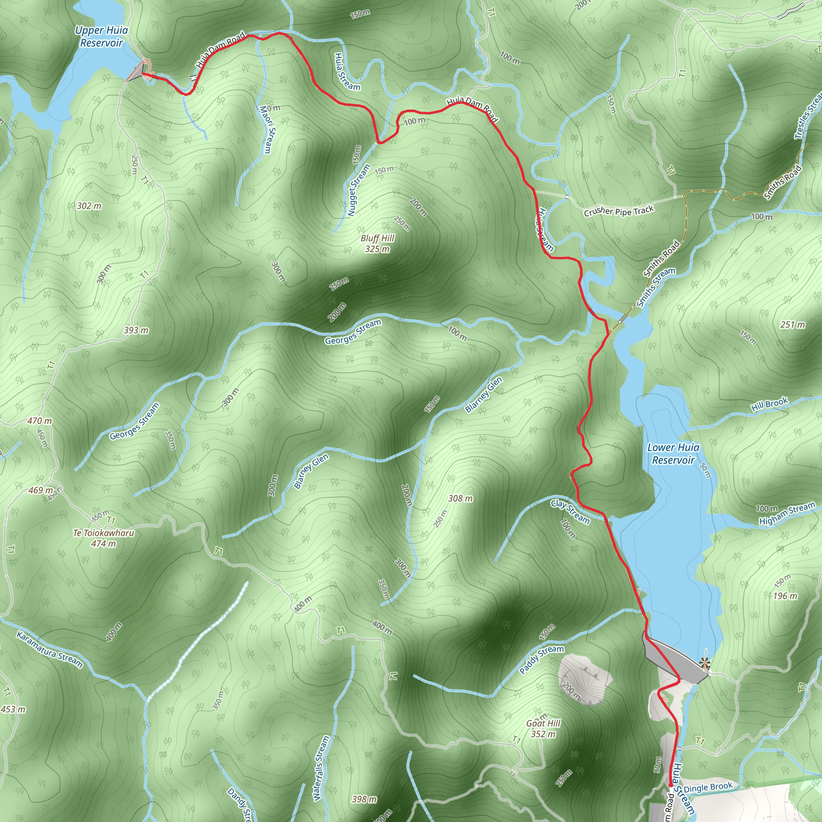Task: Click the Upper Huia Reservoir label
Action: point(101,37)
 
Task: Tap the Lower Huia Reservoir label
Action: point(673,454)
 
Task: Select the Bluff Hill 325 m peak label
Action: point(377,243)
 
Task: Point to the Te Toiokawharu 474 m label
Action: point(104,538)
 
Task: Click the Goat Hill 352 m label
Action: point(543,728)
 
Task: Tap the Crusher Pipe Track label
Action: point(619,211)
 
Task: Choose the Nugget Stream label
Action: point(358,190)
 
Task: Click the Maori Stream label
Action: point(266,129)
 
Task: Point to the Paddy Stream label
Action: point(541,659)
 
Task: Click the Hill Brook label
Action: point(769,404)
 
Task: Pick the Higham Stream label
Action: point(787,513)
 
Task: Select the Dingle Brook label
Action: point(708,787)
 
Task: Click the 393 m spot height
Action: point(136,330)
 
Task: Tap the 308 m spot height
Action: point(460,498)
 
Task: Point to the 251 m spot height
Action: point(793,325)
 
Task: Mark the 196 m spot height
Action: point(785,596)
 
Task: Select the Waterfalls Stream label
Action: point(321,768)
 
